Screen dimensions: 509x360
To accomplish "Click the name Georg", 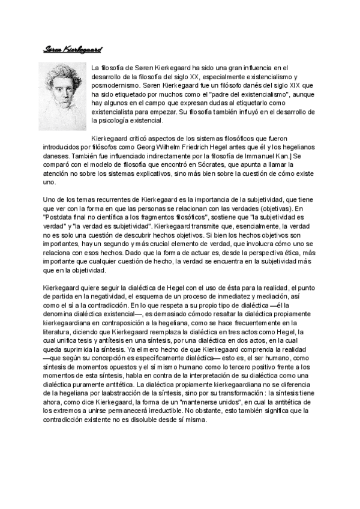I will pos(196,147).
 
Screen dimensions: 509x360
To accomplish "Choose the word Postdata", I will pos(61,219).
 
